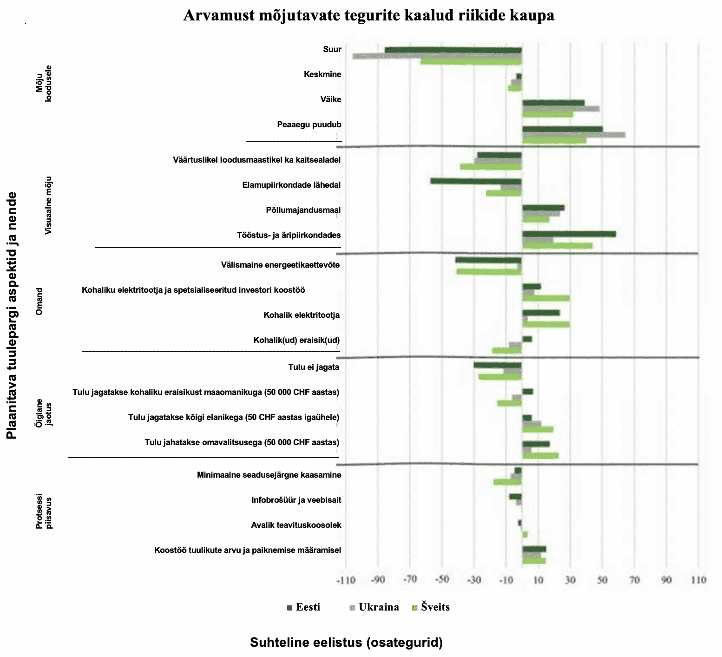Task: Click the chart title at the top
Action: tap(368, 15)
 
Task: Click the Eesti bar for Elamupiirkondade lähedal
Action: tap(476, 181)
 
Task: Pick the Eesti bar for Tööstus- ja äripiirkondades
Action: tap(569, 234)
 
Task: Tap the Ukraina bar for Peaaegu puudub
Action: tap(573, 135)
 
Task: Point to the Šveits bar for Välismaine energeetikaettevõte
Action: tap(489, 272)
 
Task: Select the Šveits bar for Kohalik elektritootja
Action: tap(545, 324)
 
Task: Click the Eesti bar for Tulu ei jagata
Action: tap(498, 365)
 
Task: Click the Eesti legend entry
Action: tap(304, 607)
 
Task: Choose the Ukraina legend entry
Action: tap(374, 607)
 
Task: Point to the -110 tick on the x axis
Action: tap(346, 580)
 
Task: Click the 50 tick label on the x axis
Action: tap(602, 580)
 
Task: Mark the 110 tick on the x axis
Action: tap(698, 580)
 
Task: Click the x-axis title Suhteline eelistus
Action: tap(346, 642)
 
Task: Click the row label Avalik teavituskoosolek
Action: tap(296, 525)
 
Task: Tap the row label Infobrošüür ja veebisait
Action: tap(296, 500)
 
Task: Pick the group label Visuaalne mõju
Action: tap(49, 205)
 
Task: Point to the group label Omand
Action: tap(39, 302)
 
